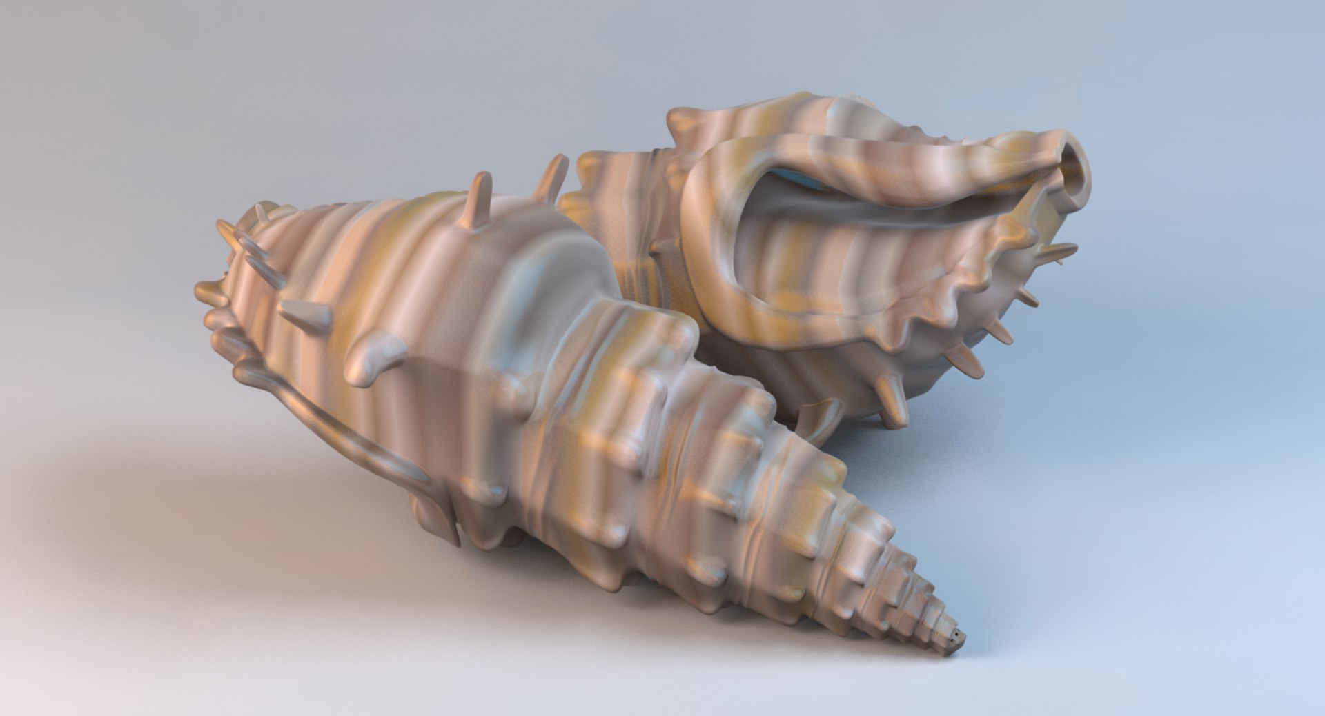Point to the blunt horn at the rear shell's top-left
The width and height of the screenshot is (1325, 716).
coord(684,124)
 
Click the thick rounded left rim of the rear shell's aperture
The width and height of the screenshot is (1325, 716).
coord(711,228)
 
